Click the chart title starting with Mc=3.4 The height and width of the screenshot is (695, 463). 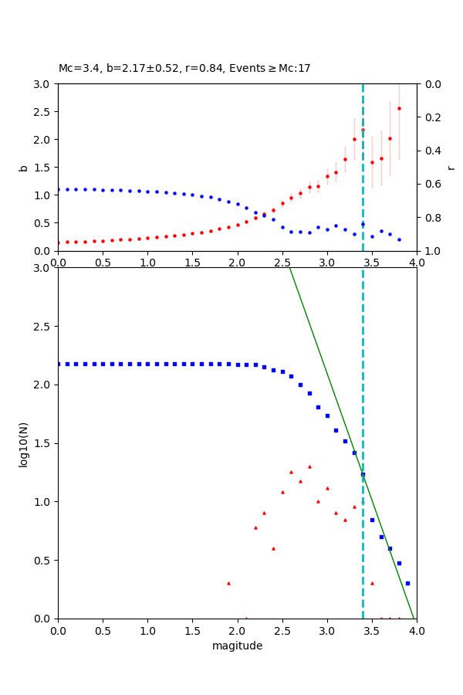pyautogui.click(x=184, y=68)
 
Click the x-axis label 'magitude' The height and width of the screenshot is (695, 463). pyautogui.click(x=237, y=646)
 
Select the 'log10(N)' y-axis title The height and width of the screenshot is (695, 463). pyautogui.click(x=24, y=443)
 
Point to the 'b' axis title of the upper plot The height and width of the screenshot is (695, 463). pyautogui.click(x=24, y=168)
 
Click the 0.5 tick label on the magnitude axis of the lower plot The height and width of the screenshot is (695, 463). pyautogui.click(x=103, y=630)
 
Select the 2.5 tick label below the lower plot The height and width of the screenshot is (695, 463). pyautogui.click(x=282, y=630)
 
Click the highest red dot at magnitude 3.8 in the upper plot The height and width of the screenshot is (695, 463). pyautogui.click(x=399, y=108)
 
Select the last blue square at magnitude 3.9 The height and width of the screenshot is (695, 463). pyautogui.click(x=407, y=583)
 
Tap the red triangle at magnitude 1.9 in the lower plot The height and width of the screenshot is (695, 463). pyautogui.click(x=228, y=583)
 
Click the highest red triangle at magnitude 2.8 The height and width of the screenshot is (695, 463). pyautogui.click(x=309, y=466)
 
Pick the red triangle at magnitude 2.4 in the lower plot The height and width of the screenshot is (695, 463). pyautogui.click(x=273, y=548)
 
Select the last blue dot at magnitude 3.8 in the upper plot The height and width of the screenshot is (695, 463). pyautogui.click(x=399, y=239)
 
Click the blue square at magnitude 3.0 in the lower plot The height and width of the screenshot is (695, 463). pyautogui.click(x=327, y=415)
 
